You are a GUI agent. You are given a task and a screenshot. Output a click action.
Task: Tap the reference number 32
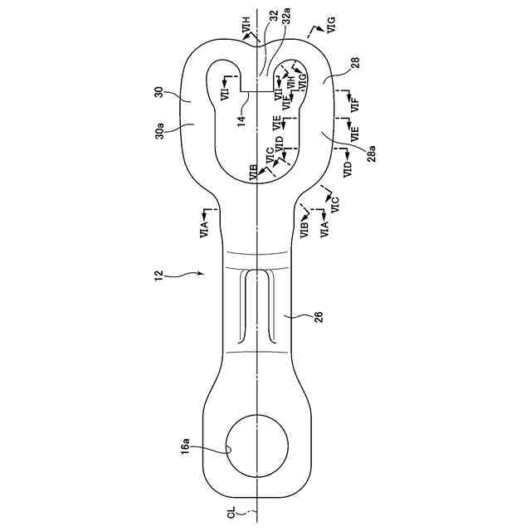click(274, 24)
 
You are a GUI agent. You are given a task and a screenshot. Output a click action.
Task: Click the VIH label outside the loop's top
click(247, 31)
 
